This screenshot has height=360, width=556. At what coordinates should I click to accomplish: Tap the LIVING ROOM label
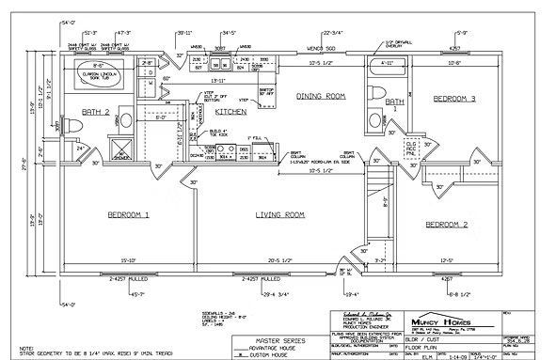[280, 215]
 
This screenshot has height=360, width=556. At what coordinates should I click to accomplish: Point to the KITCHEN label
[230, 111]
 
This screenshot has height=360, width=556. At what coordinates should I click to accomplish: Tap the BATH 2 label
[96, 112]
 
